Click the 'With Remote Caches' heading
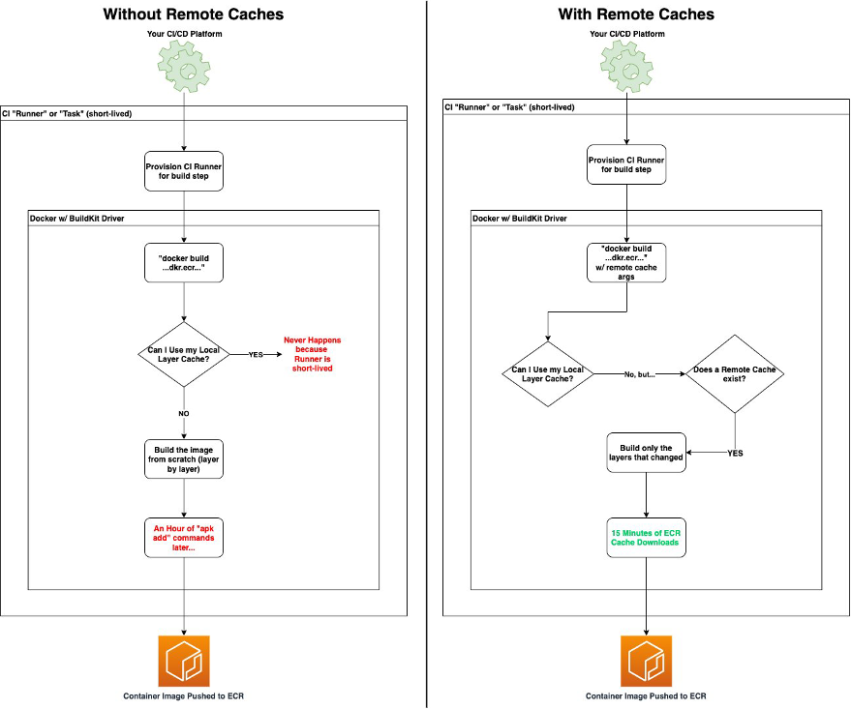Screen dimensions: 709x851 (636, 15)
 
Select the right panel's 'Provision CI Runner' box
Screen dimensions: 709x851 (626, 163)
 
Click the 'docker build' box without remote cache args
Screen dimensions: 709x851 (184, 263)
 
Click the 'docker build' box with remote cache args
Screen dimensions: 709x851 (626, 263)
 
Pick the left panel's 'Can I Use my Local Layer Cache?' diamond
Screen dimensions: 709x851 (184, 354)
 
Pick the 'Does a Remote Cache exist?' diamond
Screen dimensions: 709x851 (735, 372)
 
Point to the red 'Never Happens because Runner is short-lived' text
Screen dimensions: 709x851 (312, 354)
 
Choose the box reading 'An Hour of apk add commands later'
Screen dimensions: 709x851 (184, 537)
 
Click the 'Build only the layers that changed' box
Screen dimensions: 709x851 (646, 452)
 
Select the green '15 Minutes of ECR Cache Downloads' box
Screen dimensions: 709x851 (646, 538)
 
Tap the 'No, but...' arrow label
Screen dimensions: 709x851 (639, 373)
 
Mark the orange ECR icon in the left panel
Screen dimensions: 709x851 (184, 661)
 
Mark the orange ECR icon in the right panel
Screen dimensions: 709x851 (646, 661)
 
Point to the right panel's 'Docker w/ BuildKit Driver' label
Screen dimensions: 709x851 (519, 219)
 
